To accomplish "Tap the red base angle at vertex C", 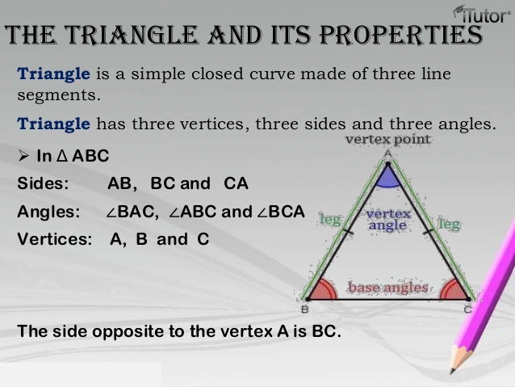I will pyautogui.click(x=455, y=289).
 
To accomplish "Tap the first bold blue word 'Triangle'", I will pyautogui.click(x=52, y=75).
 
